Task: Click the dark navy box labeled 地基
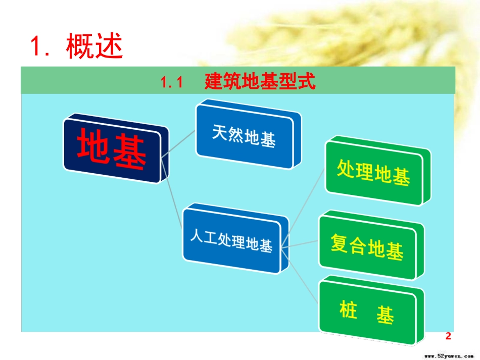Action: [x=112, y=149]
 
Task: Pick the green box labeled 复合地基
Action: [x=366, y=247]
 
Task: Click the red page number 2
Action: [x=447, y=336]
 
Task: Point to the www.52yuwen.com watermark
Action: [x=447, y=354]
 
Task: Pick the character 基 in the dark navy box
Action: [x=130, y=151]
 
